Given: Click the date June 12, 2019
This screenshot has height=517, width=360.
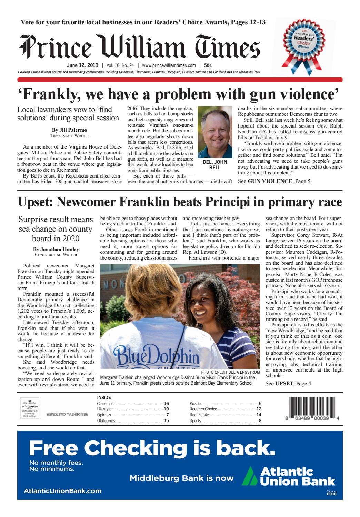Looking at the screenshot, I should click(82, 65).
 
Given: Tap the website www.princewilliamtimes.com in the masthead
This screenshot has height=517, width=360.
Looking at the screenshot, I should click(169, 65).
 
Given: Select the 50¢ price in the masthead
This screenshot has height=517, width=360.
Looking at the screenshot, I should click(208, 65).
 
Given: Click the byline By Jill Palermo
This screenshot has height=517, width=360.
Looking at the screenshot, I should click(69, 130).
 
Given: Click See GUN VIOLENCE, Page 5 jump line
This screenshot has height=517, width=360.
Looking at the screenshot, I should click(274, 181).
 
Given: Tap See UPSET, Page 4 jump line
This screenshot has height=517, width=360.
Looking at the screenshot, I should click(288, 383).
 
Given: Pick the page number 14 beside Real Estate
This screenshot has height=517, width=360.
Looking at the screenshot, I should click(259, 415).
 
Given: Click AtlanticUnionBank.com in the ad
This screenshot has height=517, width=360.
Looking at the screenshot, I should click(62, 491).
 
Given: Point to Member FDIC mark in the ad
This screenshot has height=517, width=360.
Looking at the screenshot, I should click(332, 493).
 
